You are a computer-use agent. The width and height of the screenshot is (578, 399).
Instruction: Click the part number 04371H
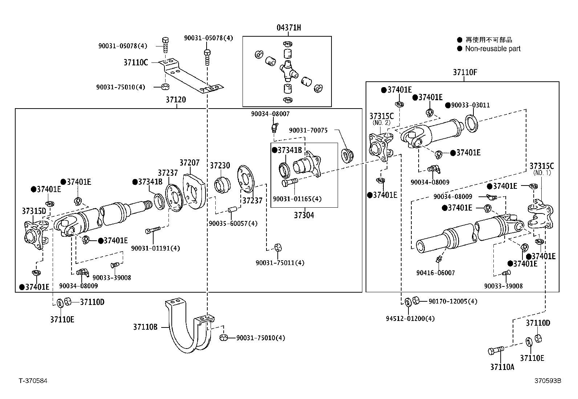(289, 28)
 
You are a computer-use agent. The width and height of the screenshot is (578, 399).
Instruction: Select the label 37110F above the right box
(465, 72)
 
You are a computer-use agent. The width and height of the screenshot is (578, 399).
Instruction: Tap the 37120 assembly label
(176, 99)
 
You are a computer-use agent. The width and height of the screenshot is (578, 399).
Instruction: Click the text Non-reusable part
(493, 49)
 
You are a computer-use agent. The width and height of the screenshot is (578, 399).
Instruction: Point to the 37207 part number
(190, 163)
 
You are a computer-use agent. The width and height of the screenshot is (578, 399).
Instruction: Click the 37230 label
(220, 166)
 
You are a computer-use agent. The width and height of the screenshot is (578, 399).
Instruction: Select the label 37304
(304, 215)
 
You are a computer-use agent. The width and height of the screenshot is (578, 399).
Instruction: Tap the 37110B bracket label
(145, 327)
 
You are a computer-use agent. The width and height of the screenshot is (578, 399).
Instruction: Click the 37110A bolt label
(502, 367)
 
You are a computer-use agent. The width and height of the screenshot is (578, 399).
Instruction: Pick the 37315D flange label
(34, 211)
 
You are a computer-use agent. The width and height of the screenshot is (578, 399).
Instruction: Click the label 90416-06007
(435, 273)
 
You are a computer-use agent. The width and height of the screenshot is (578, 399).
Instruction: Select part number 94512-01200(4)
(410, 318)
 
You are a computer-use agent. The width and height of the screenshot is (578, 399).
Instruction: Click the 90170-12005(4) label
(453, 301)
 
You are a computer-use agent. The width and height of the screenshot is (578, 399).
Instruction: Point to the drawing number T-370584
(33, 381)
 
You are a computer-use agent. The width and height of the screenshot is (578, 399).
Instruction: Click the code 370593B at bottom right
(548, 381)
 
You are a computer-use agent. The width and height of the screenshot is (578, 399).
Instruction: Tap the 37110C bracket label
(135, 62)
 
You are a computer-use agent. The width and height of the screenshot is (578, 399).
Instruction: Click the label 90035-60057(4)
(233, 223)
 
